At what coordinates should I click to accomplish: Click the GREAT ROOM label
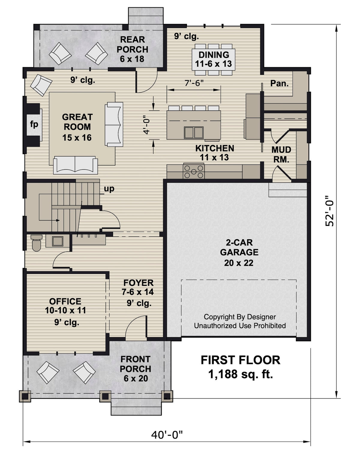77,127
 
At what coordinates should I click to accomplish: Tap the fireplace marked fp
34,124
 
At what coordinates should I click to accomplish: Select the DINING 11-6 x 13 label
214,59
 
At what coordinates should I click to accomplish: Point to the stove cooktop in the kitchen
193,172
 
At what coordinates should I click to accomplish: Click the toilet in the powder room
36,243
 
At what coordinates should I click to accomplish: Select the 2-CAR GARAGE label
239,252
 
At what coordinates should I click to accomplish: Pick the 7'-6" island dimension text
194,83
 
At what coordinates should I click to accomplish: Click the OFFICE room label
65,306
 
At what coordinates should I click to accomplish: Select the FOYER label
138,287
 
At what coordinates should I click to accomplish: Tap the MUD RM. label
281,154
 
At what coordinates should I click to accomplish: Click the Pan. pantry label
279,83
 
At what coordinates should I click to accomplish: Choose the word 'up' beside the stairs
109,189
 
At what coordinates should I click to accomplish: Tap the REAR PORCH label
132,49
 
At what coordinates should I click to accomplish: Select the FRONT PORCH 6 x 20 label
135,369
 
